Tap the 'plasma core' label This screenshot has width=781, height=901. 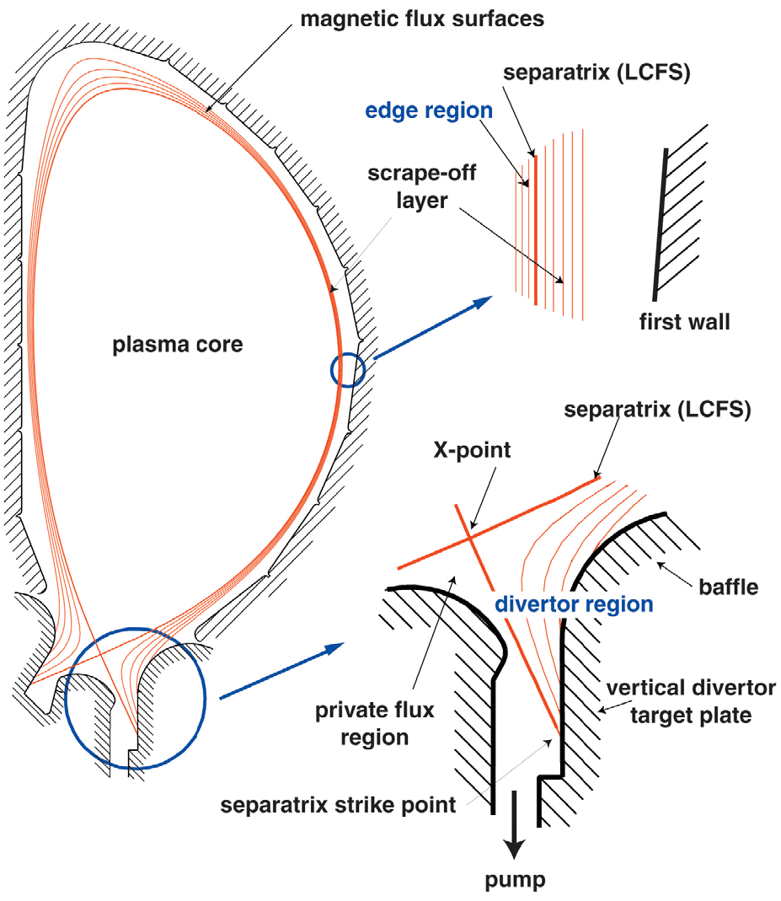point(178,343)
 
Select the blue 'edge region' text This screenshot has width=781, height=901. point(428,110)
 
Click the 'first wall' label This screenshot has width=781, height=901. point(683,321)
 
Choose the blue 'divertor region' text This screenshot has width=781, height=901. point(574,604)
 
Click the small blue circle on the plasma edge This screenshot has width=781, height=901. point(348,369)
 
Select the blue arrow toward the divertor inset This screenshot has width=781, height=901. point(281,671)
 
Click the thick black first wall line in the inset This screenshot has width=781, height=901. point(660,224)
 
